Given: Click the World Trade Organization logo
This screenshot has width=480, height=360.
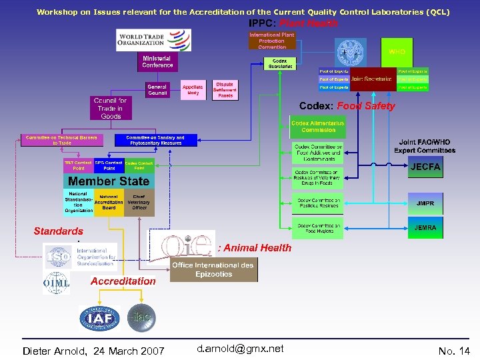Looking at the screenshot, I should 153,40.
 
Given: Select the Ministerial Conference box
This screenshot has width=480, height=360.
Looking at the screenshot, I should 157,62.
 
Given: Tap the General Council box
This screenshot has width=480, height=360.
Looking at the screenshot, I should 157,90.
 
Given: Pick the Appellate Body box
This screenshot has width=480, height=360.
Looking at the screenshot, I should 193,90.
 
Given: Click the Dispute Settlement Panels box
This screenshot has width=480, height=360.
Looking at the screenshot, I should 225,90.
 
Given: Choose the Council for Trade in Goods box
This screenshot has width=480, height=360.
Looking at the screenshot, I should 111,108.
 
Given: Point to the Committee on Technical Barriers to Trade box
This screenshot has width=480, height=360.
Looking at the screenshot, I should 61,140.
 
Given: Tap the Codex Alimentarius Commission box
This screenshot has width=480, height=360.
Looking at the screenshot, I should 318,126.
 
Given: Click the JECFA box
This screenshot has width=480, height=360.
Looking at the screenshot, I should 425,167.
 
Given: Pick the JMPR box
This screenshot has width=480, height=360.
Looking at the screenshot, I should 425,203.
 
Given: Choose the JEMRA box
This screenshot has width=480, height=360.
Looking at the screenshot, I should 425,228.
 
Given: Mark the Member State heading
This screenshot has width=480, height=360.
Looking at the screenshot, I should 109,181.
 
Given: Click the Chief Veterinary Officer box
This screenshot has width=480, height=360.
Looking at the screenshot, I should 139,202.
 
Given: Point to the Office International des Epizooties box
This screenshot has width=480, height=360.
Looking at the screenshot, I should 213,269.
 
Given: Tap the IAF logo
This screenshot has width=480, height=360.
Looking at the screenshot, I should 99,317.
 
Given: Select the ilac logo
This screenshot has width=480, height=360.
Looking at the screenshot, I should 141,317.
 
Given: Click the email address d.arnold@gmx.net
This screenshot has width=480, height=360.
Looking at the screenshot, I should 241,349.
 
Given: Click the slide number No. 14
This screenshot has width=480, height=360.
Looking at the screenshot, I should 454,351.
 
